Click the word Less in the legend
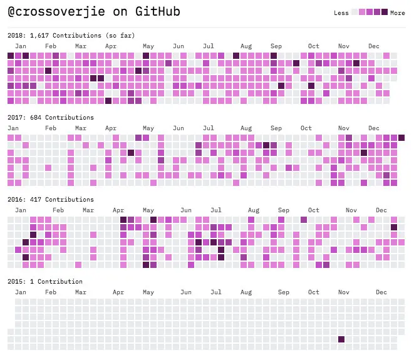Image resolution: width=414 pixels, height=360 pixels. coord(341,13)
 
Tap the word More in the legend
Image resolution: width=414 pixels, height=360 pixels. coord(397,13)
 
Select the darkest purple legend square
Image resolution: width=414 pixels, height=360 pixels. coord(385,13)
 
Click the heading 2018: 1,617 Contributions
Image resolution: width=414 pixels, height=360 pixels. coord(71,35)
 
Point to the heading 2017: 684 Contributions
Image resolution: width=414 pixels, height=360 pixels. coord(50,117)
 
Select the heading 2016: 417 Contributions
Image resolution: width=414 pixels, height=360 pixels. coord(50,199)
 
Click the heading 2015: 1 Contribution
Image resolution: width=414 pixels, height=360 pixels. coord(44,281)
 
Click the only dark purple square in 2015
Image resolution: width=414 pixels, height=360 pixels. coord(341,339)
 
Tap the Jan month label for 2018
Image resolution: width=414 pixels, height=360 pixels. coord(21,46)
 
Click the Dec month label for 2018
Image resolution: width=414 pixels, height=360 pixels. coord(374,46)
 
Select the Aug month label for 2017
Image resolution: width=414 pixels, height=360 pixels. coord(246,128)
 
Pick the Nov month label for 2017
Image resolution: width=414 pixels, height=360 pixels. coord(344,128)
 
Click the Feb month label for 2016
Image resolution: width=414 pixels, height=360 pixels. coord(58,210)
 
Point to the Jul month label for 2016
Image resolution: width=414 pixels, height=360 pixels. coord(216,210)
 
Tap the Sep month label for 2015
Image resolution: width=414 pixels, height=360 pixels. coord(284,292)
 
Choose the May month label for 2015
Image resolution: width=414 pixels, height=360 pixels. coord(148,292)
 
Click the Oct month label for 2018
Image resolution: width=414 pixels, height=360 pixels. coord(314,46)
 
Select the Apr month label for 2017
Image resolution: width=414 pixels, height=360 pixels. coord(111,128)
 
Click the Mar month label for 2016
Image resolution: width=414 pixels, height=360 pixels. coord(88,210)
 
